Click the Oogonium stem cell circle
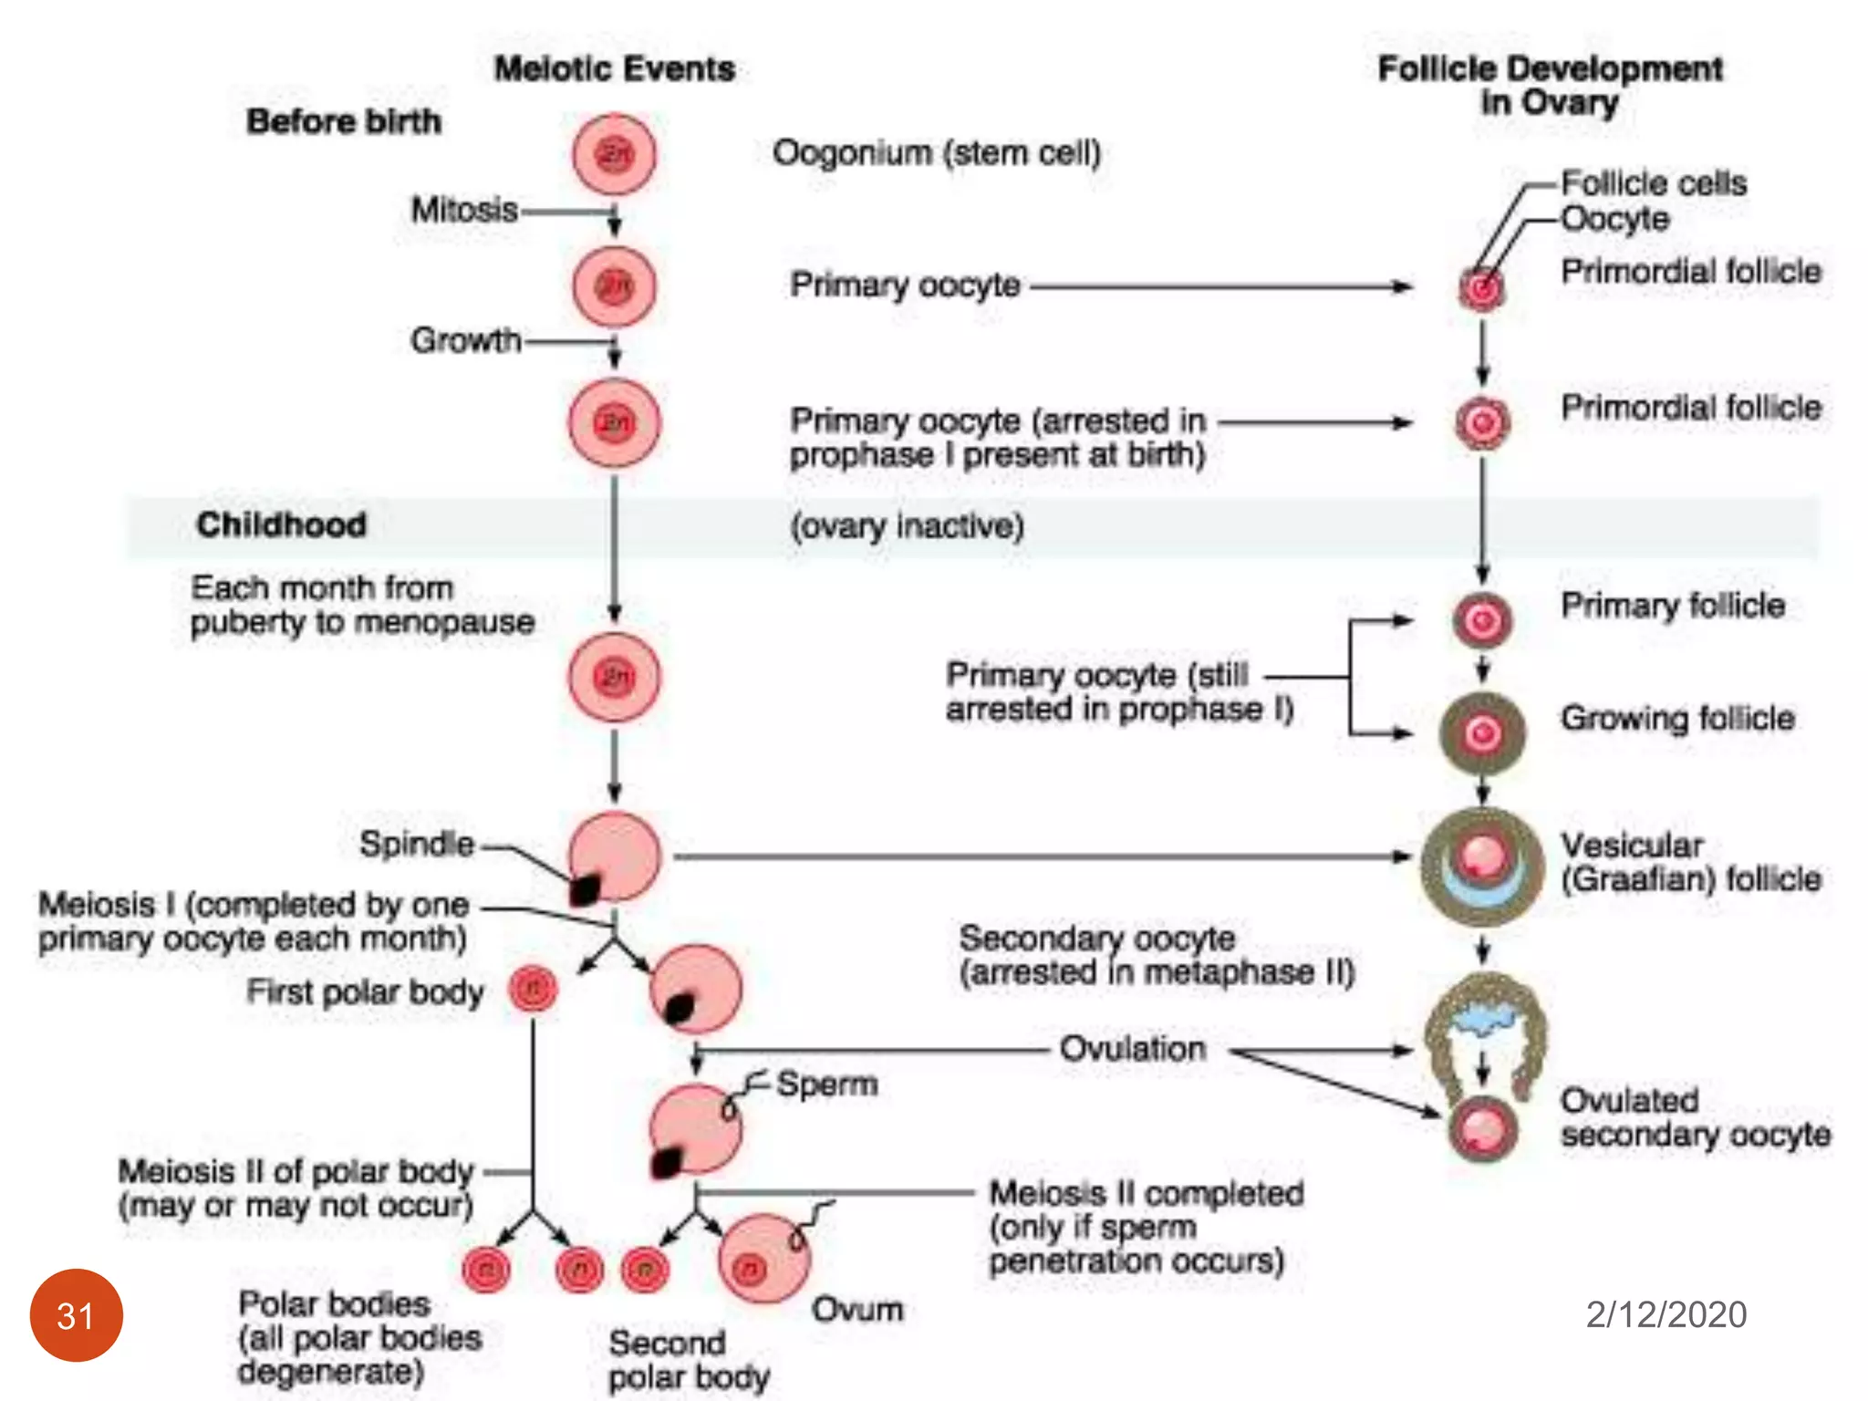614,155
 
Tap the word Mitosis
464,210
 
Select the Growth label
465,340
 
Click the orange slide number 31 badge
77,1314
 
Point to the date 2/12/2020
1666,1314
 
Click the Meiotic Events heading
615,69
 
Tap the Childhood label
281,524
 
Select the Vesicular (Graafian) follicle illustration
1482,866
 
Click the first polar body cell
534,989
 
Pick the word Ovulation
1132,1049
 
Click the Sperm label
826,1084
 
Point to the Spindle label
417,844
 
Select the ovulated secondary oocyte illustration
1482,1129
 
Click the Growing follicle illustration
1482,732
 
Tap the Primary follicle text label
1673,605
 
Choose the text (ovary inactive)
907,526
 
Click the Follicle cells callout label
1654,183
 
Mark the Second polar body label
689,1359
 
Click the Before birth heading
344,121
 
